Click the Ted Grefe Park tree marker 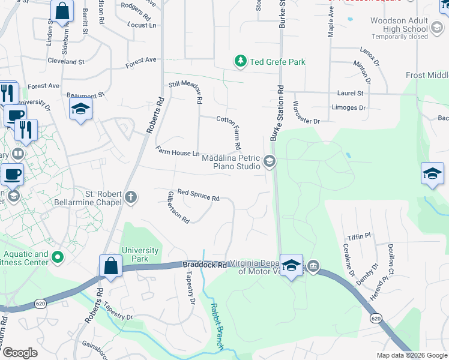coord(241,61)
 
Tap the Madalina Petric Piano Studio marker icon coord(270,161)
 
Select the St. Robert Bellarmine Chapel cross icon coord(131,197)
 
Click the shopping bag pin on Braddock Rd coord(111,266)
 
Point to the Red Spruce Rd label coord(199,195)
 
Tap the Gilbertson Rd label coord(178,207)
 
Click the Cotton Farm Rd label coord(229,133)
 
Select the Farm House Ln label coord(177,152)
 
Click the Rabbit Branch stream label coord(216,326)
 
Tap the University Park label coord(140,254)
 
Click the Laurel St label coord(351,94)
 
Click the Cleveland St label coord(66,62)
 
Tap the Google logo coord(20,353)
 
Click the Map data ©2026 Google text coord(411,355)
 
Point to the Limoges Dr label coord(349,108)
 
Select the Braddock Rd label coord(205,265)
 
